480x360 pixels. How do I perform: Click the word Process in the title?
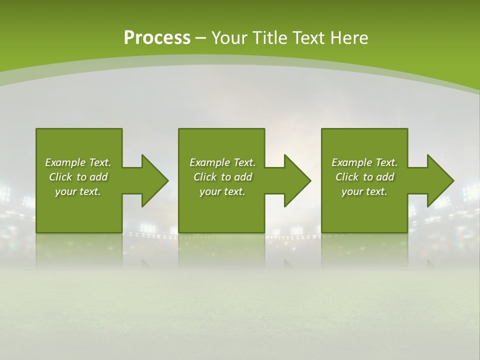157,38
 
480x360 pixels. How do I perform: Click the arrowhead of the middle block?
297,180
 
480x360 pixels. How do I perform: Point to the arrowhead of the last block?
439,180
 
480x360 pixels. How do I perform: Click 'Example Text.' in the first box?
78,162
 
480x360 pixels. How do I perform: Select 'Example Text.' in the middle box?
222,162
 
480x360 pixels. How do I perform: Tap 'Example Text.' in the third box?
364,162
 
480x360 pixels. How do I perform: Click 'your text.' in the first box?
78,191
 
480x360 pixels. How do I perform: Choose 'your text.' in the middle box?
222,191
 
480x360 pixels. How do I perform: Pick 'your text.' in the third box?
364,191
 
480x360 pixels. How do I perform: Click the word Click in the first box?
60,177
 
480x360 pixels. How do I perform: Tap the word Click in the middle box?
205,177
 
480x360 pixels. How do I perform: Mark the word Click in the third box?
347,177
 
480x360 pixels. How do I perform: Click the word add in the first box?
98,177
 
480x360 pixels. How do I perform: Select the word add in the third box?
385,177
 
